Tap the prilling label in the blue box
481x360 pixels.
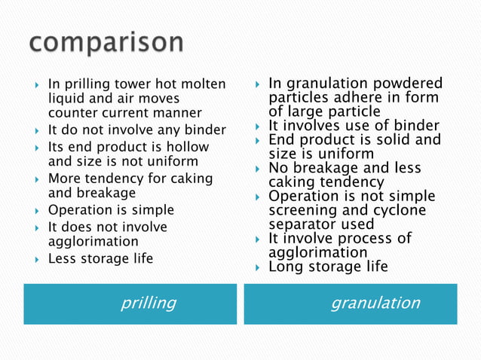click(149, 303)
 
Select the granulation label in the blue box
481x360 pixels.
click(375, 303)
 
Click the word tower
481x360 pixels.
click(135, 84)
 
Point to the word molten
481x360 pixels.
click(205, 84)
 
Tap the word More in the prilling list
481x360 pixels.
click(63, 178)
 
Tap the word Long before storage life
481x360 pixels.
click(285, 267)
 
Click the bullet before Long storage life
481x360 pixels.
click(257, 267)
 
